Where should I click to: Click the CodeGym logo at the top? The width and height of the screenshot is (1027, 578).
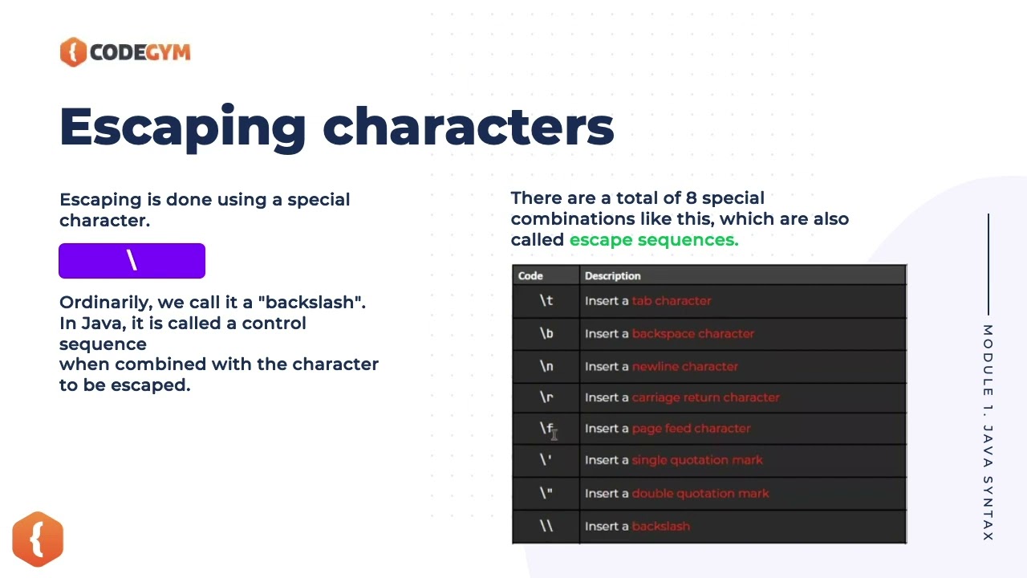125,52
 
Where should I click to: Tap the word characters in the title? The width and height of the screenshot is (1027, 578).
468,127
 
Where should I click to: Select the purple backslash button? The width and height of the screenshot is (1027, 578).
132,261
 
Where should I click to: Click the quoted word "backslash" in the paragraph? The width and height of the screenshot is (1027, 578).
311,303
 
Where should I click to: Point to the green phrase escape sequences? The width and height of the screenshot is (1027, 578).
653,240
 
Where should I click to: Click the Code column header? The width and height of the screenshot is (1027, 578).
530,276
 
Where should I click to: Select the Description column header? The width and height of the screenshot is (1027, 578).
612,276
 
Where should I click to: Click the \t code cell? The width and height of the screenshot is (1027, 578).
546,301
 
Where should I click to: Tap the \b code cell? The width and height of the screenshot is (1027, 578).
546,334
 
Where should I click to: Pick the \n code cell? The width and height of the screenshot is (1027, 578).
546,367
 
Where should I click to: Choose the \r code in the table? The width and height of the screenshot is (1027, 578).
546,397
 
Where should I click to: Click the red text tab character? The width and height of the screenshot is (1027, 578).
672,301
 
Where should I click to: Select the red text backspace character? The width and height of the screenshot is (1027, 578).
693,334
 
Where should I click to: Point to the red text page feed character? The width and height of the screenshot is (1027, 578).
692,429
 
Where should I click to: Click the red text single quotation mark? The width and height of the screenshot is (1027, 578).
697,460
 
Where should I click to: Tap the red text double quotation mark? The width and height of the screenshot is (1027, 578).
700,494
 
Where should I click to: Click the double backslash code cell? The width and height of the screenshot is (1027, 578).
546,527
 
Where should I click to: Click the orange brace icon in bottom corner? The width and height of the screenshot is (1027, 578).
38,539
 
